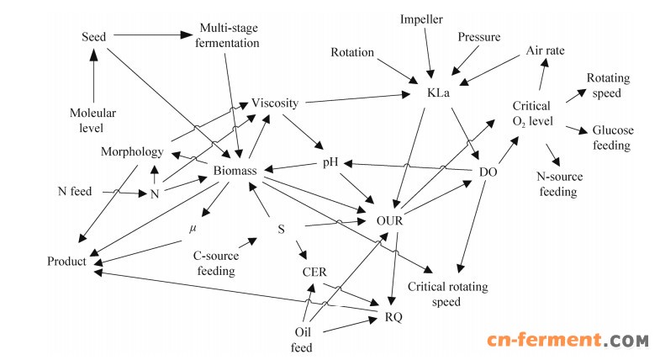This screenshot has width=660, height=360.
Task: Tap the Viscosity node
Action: click(x=275, y=103)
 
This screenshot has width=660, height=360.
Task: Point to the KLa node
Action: click(x=439, y=93)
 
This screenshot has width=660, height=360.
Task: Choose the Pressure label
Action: click(x=479, y=37)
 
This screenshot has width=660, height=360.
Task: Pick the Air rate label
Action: click(x=545, y=50)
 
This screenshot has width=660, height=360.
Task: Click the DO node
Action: click(x=488, y=172)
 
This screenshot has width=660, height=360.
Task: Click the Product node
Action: click(x=67, y=262)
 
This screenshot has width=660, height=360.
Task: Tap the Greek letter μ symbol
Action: click(x=193, y=228)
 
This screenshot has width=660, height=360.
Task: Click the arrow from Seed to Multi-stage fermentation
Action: click(x=147, y=35)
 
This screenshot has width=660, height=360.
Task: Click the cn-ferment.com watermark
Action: click(x=568, y=339)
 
